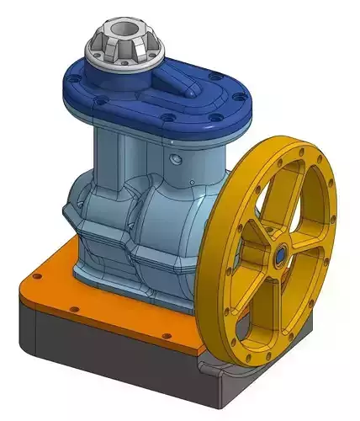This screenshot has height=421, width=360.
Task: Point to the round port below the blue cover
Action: (174, 158)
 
